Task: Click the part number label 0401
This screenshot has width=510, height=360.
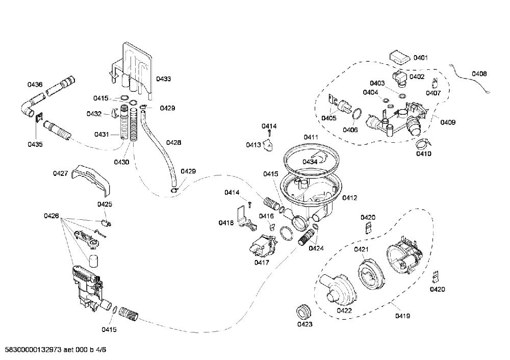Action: [421, 58]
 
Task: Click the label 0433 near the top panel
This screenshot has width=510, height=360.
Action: [163, 79]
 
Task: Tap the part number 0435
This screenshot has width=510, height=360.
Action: [35, 144]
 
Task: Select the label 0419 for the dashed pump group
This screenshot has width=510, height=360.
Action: [403, 316]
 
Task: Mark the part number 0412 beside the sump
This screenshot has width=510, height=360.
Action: [350, 198]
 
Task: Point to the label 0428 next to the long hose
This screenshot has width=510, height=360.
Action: [174, 142]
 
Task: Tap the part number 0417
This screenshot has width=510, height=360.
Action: [262, 262]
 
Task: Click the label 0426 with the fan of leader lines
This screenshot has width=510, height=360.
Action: [52, 216]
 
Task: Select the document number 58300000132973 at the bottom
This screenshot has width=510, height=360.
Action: [31, 350]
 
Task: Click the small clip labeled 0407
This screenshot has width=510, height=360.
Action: [435, 83]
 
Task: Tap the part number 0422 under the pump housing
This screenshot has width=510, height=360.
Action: [344, 311]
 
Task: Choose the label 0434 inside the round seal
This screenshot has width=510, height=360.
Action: [310, 162]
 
